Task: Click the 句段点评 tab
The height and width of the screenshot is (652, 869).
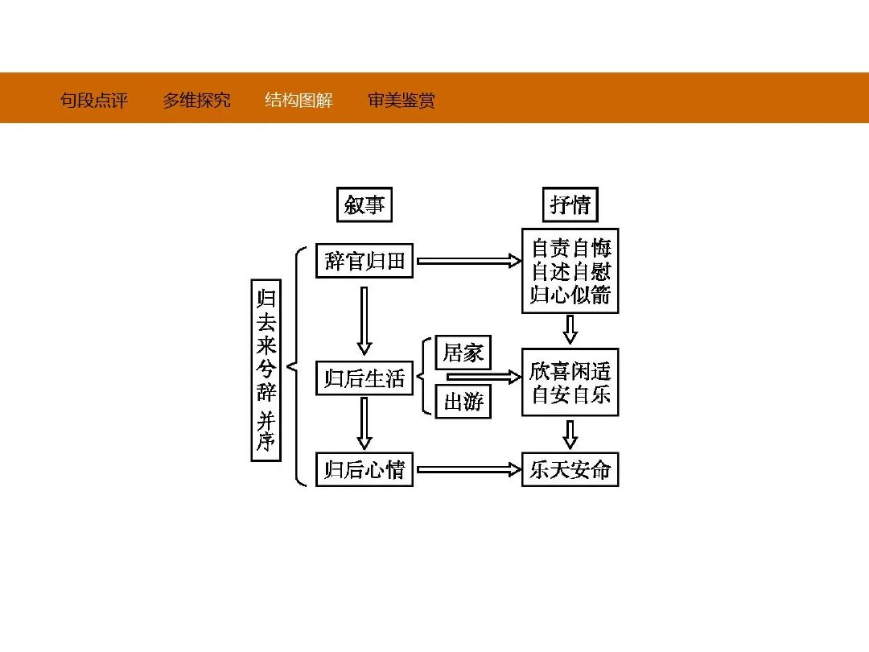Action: (94, 101)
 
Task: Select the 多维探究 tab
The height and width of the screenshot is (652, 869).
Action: (196, 101)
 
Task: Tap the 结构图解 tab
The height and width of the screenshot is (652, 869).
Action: (299, 101)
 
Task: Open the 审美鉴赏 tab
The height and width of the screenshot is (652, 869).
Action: (402, 101)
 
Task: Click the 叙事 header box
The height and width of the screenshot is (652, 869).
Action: (364, 205)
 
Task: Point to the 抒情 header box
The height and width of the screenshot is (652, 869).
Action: (570, 205)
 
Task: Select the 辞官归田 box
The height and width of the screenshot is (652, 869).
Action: (364, 261)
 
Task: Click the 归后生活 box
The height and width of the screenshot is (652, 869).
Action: (364, 378)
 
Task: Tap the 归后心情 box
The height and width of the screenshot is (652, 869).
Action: (364, 469)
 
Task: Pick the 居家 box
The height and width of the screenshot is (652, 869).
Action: (463, 353)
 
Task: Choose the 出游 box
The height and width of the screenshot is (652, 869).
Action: (463, 401)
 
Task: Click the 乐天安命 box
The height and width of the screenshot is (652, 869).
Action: (570, 469)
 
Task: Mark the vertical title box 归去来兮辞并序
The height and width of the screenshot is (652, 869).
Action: (266, 369)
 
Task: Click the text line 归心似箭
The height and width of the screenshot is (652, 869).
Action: (570, 295)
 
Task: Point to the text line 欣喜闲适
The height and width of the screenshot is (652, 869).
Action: (570, 371)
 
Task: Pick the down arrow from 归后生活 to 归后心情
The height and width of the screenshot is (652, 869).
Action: (364, 423)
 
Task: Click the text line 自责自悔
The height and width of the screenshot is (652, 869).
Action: (570, 247)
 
